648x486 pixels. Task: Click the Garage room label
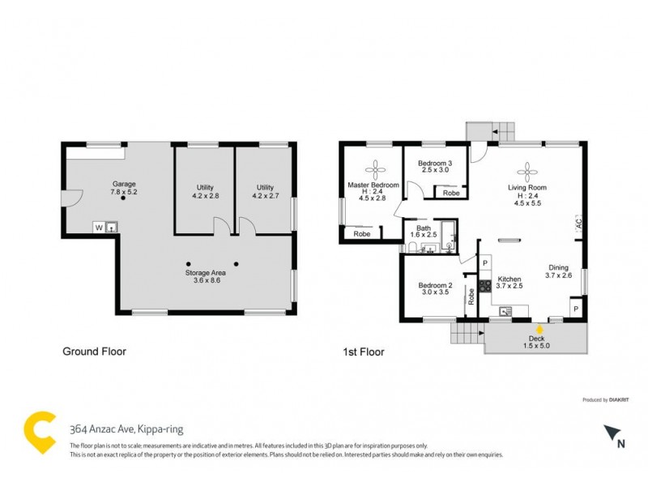[x=124, y=188]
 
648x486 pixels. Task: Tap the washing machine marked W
[x=99, y=228]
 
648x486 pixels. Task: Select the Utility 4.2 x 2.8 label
[x=205, y=191]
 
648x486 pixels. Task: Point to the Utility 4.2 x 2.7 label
[x=265, y=191]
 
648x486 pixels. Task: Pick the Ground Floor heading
[x=95, y=352]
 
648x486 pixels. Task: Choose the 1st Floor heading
[x=362, y=352]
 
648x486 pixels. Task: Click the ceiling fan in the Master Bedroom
[x=376, y=170]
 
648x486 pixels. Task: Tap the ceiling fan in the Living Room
[x=527, y=170]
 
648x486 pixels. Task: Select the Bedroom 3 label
[x=433, y=166]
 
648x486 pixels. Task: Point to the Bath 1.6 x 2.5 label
[x=422, y=231]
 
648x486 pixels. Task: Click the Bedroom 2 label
[x=435, y=290]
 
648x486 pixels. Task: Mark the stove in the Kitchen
[x=484, y=285]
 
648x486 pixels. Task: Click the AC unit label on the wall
[x=579, y=221]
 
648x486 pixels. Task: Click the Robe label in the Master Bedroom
[x=362, y=234]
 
